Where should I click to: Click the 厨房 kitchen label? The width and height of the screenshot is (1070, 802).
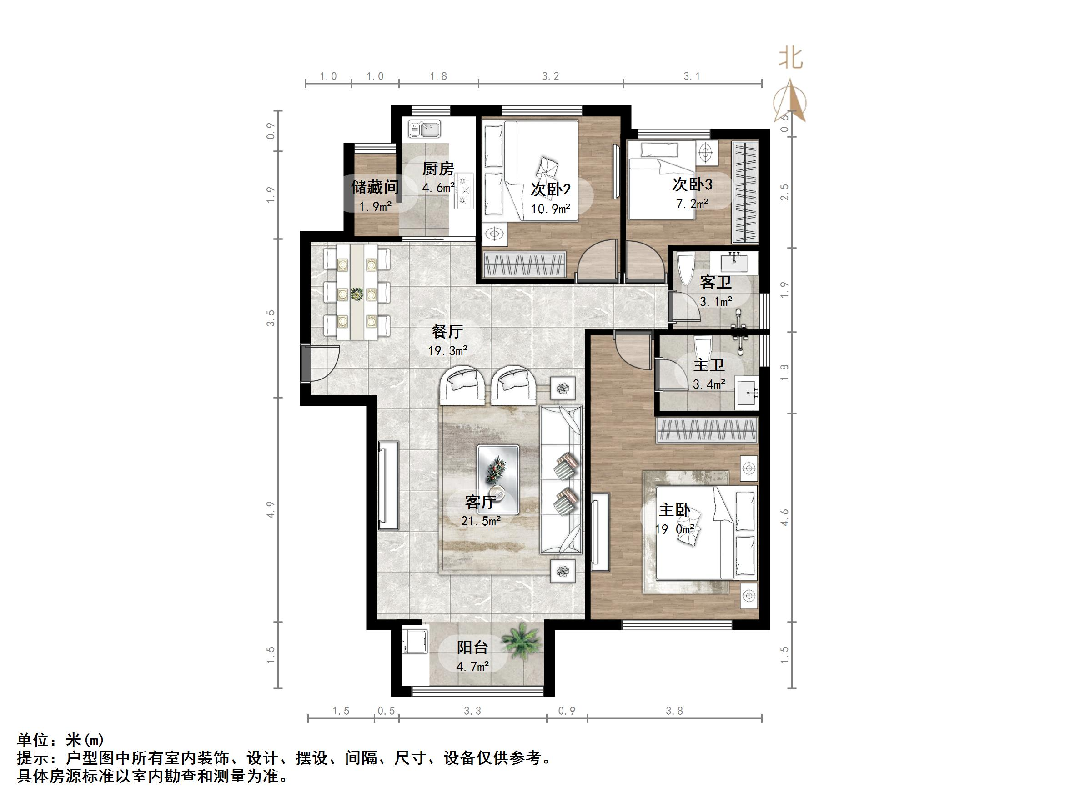click(438, 169)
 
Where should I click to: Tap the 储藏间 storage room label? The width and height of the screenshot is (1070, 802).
click(375, 187)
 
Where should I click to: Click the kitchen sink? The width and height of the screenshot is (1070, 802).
click(424, 129)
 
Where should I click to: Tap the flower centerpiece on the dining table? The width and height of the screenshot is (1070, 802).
click(357, 294)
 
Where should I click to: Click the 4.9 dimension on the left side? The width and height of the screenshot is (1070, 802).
click(271, 510)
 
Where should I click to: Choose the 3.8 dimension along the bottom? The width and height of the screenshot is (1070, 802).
click(674, 711)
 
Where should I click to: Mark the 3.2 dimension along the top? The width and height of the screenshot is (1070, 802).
click(551, 76)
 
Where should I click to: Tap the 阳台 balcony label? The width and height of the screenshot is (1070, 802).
click(472, 648)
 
